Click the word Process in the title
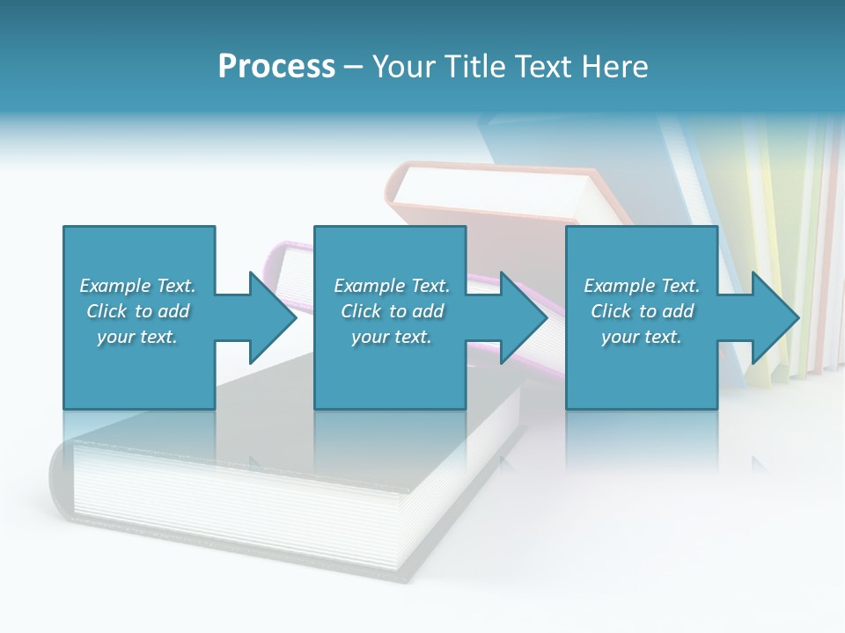point(276,66)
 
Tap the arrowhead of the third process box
point(774,317)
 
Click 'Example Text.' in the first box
point(137,286)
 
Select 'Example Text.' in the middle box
point(391,286)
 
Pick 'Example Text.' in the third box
point(642,286)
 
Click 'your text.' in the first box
point(137,337)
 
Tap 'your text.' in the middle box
point(391,337)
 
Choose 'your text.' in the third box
point(642,337)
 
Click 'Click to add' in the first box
point(137,311)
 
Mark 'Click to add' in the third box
point(642,311)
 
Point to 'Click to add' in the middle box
point(391,311)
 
